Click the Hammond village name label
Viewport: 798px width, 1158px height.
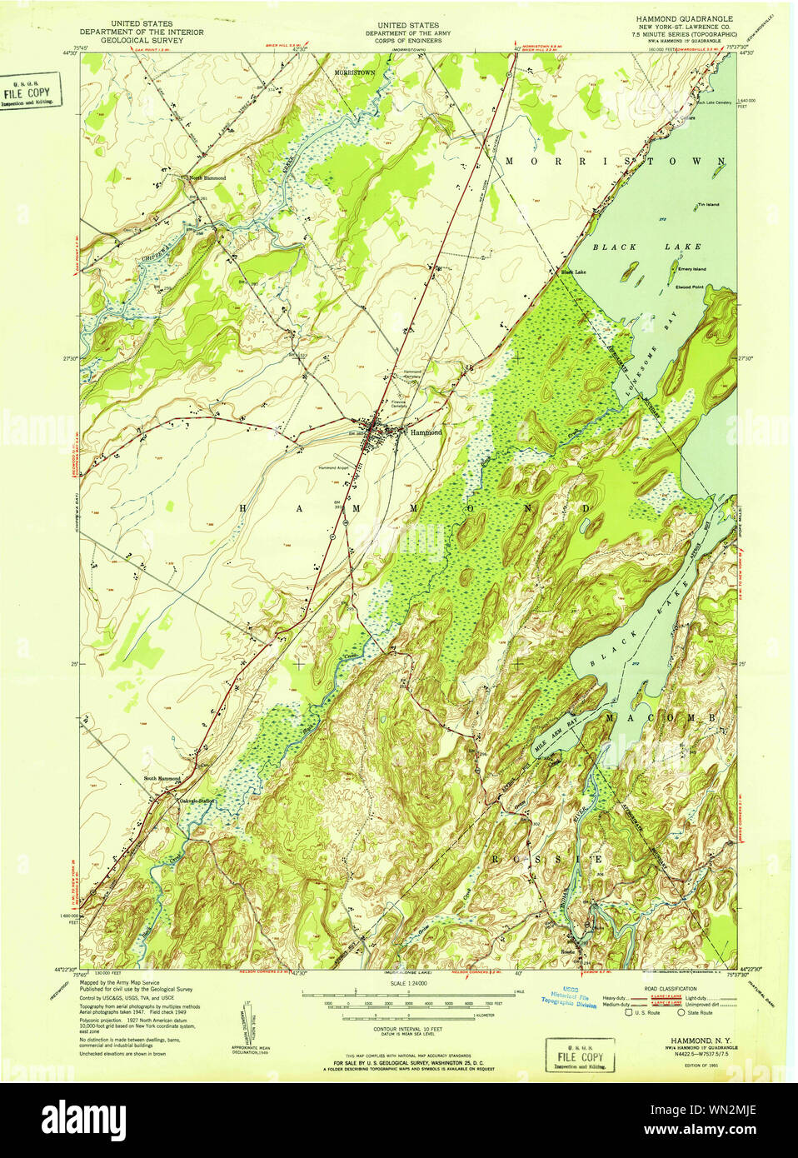click(x=425, y=432)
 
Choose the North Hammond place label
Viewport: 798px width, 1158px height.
click(x=207, y=177)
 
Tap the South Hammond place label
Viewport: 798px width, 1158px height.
click(x=162, y=778)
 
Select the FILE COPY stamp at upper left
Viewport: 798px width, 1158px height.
click(x=27, y=92)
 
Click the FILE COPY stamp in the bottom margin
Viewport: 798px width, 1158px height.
click(x=580, y=1056)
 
